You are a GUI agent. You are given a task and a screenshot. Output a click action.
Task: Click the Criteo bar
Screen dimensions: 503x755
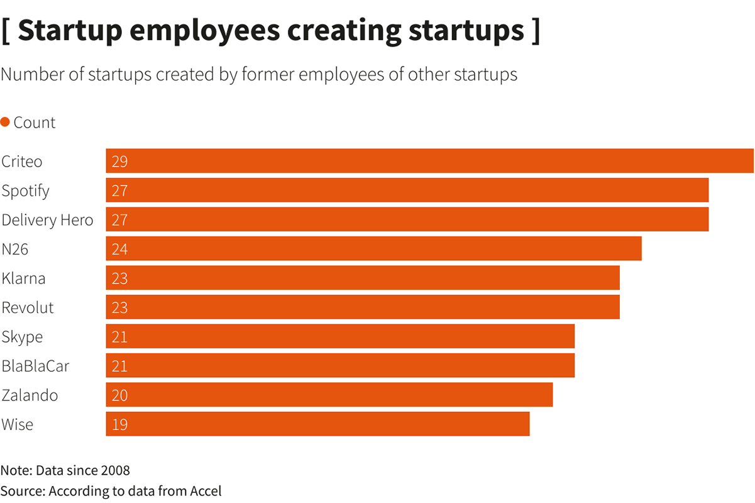[429, 161]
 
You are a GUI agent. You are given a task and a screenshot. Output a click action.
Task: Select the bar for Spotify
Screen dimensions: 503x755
[407, 190]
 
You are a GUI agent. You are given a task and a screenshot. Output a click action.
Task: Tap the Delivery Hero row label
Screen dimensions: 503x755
[47, 220]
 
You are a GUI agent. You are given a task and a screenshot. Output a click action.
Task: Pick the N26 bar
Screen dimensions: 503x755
[373, 249]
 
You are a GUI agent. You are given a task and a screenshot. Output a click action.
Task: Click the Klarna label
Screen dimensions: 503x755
[23, 278]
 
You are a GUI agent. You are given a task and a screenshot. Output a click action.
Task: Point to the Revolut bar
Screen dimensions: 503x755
[363, 307]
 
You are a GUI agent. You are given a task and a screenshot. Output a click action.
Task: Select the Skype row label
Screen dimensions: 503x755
[22, 337]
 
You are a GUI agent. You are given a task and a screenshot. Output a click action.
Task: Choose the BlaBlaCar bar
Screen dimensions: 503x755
[340, 365]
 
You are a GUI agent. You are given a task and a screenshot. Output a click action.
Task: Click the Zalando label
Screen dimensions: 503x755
[30, 395]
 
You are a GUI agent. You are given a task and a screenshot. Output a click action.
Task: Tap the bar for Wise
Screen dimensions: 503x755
[317, 424]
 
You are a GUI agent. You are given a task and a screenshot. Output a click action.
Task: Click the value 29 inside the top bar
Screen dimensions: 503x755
[119, 162]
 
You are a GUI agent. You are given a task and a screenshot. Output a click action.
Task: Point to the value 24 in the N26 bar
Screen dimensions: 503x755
[119, 250]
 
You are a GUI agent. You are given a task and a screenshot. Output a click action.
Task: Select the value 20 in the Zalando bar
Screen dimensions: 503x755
[119, 395]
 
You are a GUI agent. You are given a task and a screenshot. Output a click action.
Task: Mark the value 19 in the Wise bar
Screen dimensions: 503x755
[119, 424]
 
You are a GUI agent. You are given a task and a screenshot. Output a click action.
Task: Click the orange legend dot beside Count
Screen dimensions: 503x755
[5, 122]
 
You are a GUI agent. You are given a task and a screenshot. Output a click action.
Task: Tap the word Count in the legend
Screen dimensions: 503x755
[35, 123]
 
